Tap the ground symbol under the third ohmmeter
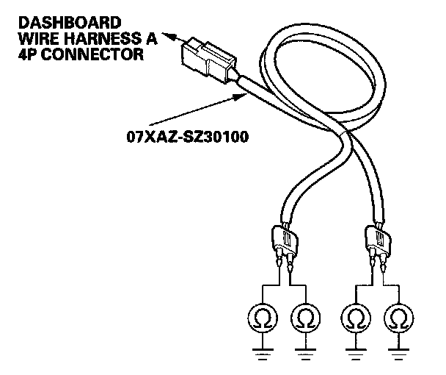(x=355, y=351)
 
